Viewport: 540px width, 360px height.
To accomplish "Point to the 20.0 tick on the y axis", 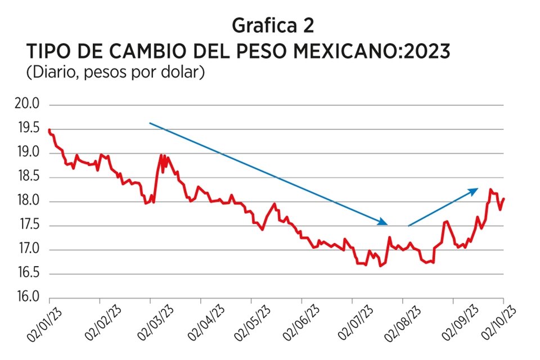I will click(29, 105).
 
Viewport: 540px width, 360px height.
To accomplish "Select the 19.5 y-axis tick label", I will click(29, 129).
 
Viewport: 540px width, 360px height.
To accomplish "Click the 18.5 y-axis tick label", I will click(29, 177).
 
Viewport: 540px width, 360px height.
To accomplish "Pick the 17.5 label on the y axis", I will click(29, 226).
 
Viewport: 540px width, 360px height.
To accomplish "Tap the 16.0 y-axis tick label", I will click(29, 298).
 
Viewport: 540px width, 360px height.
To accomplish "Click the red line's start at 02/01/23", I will click(49, 130).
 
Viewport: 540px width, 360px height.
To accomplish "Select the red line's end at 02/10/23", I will click(503, 198).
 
